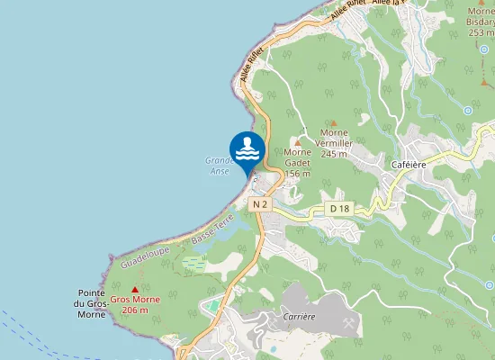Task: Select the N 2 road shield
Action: [260, 204]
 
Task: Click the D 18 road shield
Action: [339, 209]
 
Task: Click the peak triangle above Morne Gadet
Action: [298, 142]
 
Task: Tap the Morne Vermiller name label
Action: [334, 143]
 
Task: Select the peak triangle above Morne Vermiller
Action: [334, 123]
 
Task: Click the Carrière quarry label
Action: [297, 317]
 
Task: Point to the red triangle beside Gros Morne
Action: [135, 290]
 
